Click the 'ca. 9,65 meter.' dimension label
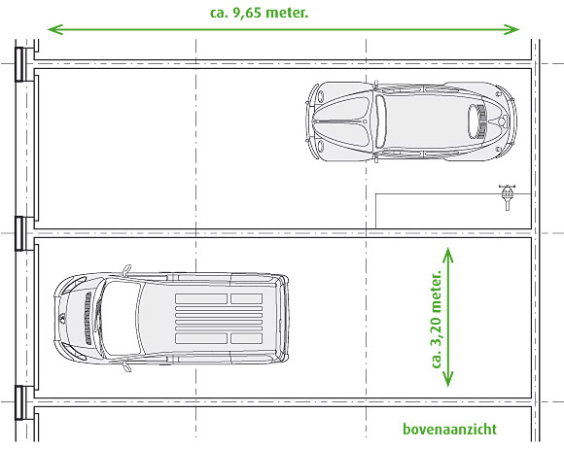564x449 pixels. pyautogui.click(x=259, y=13)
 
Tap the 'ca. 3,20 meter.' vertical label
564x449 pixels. pyautogui.click(x=436, y=318)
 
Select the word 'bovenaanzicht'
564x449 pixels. pyautogui.click(x=449, y=429)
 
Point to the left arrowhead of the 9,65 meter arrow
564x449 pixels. pyautogui.click(x=55, y=29)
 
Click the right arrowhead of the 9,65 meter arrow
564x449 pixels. pyautogui.click(x=511, y=29)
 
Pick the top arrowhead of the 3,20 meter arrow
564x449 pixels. pyautogui.click(x=448, y=255)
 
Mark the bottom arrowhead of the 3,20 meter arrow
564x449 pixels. pyautogui.click(x=448, y=379)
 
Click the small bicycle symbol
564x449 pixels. pyautogui.click(x=508, y=196)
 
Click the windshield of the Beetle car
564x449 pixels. pyautogui.click(x=380, y=121)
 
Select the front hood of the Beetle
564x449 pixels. pyautogui.click(x=341, y=121)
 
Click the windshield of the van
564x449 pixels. pyautogui.click(x=121, y=318)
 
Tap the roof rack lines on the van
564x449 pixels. pyautogui.click(x=219, y=318)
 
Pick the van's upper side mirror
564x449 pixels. pyautogui.click(x=127, y=269)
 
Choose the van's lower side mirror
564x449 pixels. pyautogui.click(x=127, y=366)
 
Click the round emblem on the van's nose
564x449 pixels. pyautogui.click(x=61, y=318)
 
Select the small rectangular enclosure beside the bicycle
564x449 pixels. pyautogui.click(x=453, y=211)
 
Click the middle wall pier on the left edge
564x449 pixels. pyautogui.click(x=19, y=233)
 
